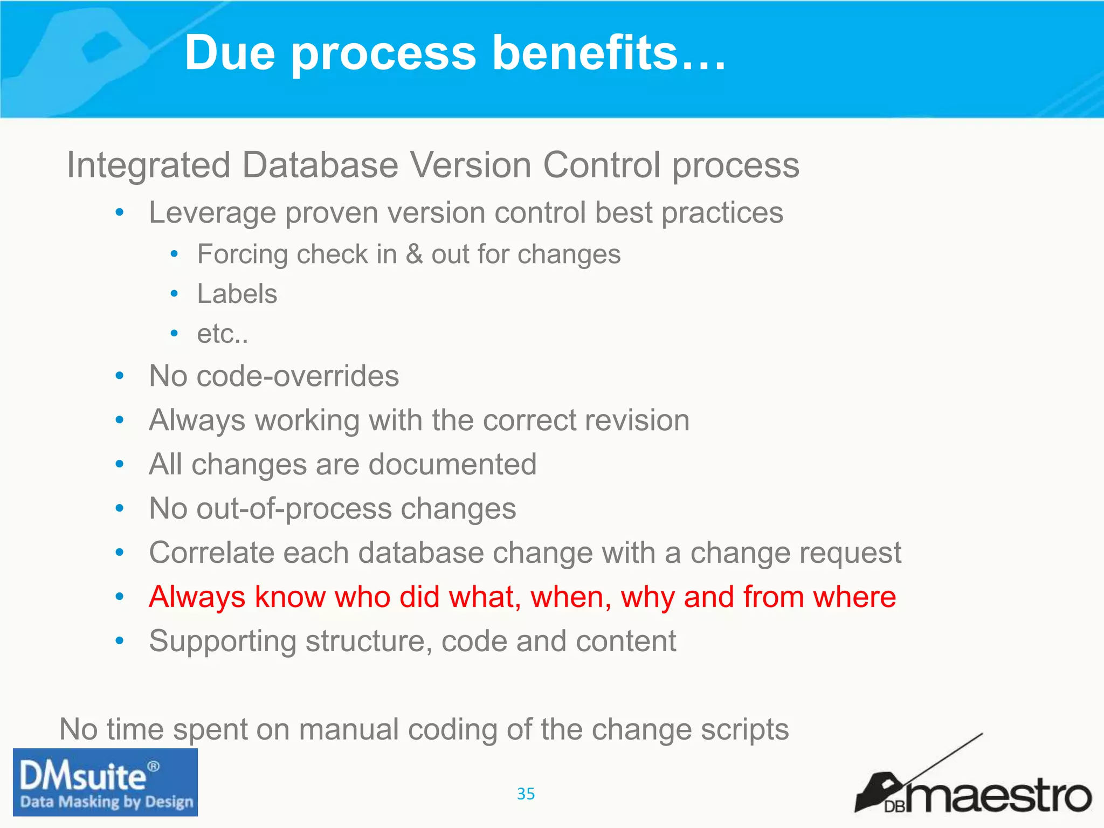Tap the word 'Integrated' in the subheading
149,165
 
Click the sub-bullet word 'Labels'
237,294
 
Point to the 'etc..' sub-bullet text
223,334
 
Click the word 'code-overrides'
298,376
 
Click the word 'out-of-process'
294,508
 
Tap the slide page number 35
526,793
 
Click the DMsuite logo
105,782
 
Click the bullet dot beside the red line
120,597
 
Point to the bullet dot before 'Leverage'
120,212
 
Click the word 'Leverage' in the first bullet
212,213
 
